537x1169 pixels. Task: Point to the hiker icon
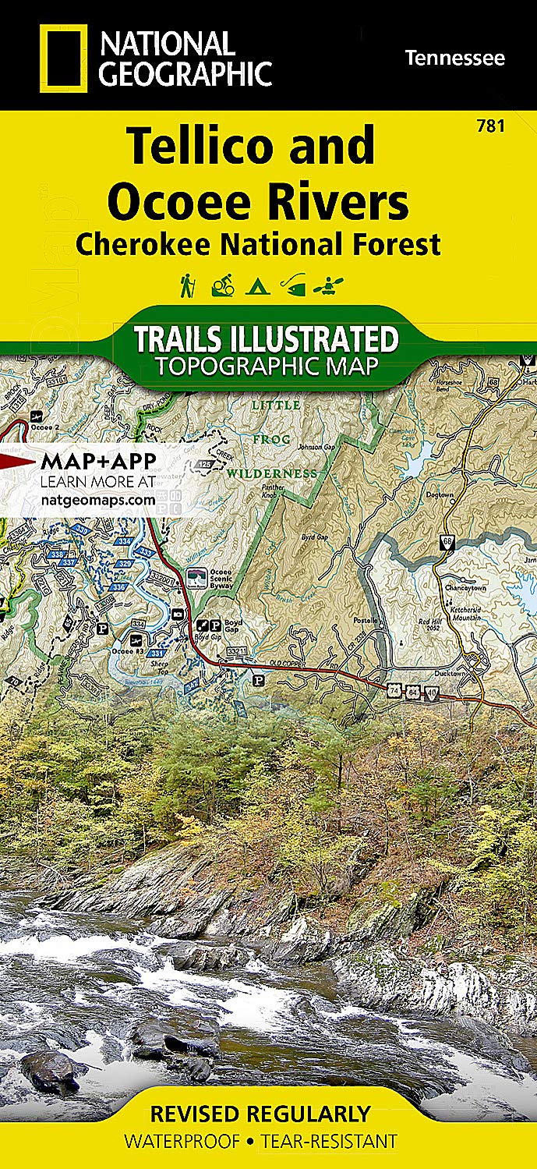pos(187,287)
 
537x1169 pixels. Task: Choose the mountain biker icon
pos(221,287)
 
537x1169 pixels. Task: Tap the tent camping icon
pos(254,288)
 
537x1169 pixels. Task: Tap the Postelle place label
pos(366,620)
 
